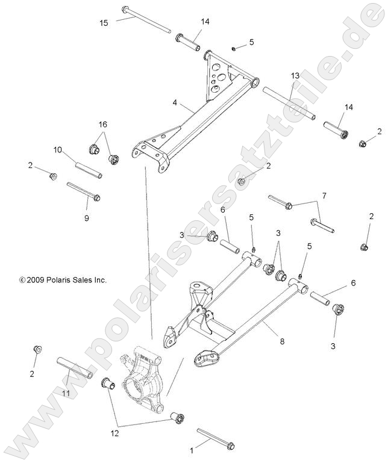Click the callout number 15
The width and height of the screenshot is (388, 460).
coord(104,23)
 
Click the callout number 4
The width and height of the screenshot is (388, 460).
coord(158,103)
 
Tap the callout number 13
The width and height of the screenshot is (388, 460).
coord(295,76)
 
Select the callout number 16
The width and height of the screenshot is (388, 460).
coord(103,124)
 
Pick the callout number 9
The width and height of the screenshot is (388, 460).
coord(86,218)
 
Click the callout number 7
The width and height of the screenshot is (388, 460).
coord(324,196)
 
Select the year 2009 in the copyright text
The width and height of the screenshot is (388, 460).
coord(34,280)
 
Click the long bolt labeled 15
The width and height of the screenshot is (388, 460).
coord(148,20)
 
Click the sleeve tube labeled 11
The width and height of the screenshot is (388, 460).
coord(75,367)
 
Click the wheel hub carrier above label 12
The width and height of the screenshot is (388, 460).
coord(142,379)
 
